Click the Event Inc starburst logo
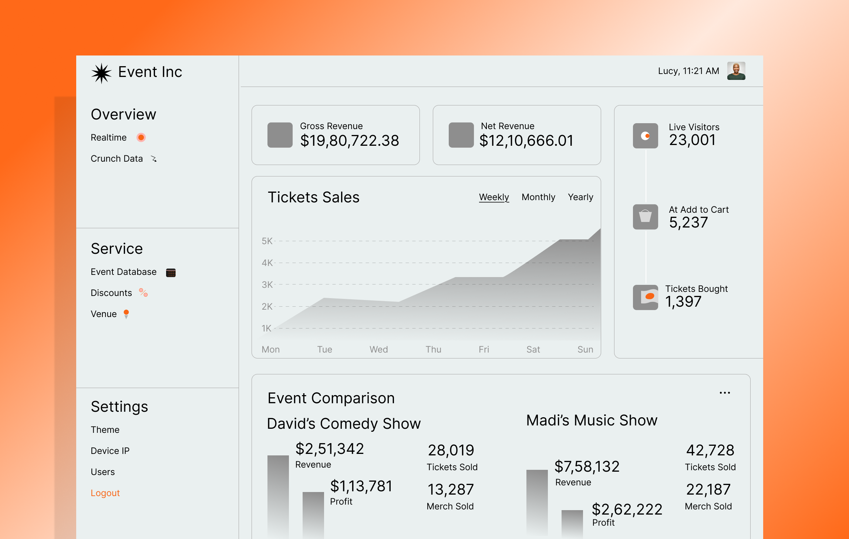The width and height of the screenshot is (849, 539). point(101,73)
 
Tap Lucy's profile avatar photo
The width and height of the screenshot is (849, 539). point(736,71)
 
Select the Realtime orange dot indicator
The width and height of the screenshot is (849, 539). point(141,138)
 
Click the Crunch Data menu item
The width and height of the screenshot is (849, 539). point(117,159)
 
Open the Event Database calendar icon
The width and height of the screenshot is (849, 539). point(171,273)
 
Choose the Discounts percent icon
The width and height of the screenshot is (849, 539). point(144,293)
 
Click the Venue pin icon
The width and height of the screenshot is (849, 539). point(126,314)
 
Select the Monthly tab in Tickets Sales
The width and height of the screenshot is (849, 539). point(538,197)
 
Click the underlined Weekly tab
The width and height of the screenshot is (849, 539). point(494,197)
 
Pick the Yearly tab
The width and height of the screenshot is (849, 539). point(580,197)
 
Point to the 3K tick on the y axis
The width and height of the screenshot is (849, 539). point(267,285)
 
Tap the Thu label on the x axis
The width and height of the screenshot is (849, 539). point(433,350)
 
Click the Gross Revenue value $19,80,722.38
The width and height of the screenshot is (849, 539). point(350,141)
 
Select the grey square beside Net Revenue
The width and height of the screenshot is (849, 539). point(461,135)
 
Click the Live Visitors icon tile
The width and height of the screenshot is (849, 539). point(645,136)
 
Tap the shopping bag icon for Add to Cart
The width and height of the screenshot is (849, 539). point(645,217)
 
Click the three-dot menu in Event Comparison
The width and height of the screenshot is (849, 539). point(725,393)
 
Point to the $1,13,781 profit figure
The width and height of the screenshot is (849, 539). point(361,486)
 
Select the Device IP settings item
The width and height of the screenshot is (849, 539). point(110,451)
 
